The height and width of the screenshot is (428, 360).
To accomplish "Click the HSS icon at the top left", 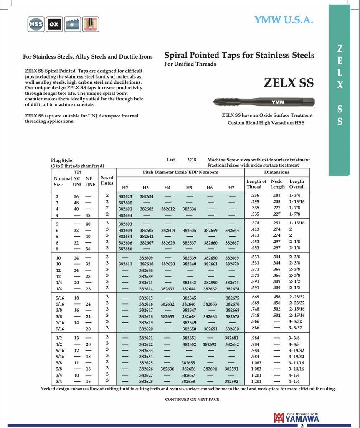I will [x=37, y=24].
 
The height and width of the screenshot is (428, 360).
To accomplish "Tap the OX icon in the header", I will [x=54, y=24].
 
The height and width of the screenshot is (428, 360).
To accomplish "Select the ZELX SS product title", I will [x=289, y=82].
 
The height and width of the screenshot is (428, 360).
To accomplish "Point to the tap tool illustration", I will [x=263, y=101].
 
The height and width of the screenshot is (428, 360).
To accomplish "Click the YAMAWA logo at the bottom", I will [x=296, y=418].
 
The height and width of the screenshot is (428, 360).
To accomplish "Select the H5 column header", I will [x=189, y=188].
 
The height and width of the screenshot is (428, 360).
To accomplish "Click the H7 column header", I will [x=231, y=188].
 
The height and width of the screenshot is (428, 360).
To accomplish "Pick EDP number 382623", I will [x=125, y=196].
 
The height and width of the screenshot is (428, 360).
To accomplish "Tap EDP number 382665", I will [x=232, y=230].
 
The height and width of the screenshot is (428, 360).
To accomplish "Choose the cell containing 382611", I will [x=125, y=264].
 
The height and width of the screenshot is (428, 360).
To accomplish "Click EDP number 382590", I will [x=210, y=283].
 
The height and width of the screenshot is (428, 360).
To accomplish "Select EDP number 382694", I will [x=210, y=369].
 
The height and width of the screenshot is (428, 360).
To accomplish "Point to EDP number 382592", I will [x=232, y=382].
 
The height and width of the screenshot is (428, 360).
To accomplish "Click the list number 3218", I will [x=192, y=160].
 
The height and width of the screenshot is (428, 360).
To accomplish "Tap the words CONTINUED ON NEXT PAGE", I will [x=192, y=400].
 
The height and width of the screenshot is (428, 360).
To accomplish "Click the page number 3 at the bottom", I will [x=301, y=425].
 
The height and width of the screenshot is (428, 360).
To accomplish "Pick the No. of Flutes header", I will [x=107, y=181].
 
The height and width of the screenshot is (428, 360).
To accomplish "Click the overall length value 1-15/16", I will [x=297, y=223].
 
